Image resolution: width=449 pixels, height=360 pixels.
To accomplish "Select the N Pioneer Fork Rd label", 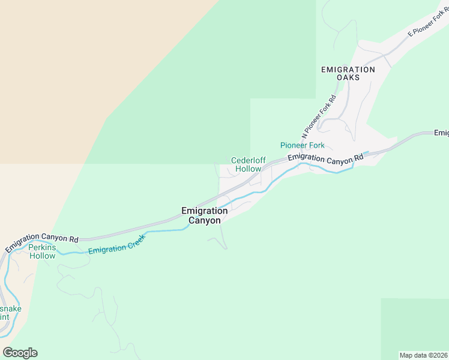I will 319,116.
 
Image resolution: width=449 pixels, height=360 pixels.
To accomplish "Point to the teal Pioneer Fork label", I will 303,145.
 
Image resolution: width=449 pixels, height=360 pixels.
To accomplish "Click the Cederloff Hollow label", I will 248,164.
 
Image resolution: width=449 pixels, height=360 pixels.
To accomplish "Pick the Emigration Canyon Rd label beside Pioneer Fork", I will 325,159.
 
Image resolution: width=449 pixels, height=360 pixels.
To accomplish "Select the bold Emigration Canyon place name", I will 204,215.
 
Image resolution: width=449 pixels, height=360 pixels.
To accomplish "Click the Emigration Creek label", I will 116,247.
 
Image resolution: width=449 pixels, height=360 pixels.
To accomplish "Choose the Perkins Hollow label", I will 42,252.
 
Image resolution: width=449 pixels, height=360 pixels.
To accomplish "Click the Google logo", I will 20,352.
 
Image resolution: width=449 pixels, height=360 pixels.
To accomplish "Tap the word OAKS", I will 348,77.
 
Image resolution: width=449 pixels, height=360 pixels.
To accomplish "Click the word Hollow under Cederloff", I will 248,169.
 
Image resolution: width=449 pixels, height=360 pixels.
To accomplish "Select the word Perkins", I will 42,248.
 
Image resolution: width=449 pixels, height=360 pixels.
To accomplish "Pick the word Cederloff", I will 249,160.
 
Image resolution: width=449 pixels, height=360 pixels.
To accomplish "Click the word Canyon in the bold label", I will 204,220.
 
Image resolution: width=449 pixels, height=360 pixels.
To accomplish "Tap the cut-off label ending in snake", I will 10,309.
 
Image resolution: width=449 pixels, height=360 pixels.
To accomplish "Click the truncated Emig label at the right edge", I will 441,133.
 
